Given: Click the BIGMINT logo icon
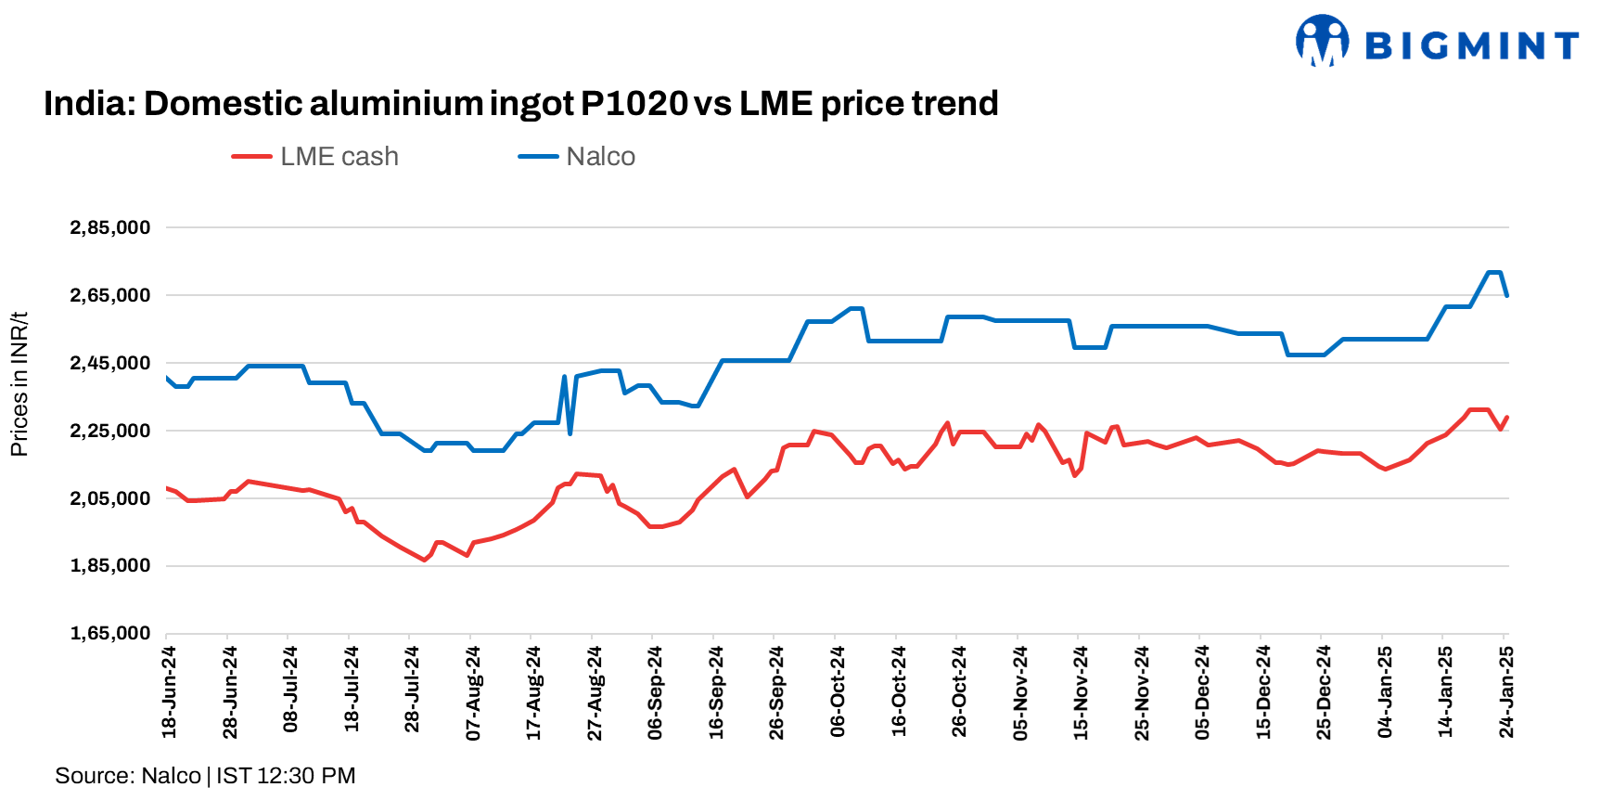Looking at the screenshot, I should point(1322,41).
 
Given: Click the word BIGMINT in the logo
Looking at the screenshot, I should point(1471,45).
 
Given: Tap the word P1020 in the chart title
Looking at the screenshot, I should point(634,103).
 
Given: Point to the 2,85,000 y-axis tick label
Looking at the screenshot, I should point(110,227).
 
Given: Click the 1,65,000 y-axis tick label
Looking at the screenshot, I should point(110,633).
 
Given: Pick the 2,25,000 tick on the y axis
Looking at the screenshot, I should point(110,431).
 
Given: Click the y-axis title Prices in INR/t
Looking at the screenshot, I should point(19,383).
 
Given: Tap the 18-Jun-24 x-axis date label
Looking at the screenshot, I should point(170,692).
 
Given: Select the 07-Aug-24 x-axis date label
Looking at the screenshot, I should point(473,692).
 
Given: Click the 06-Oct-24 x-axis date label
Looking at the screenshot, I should point(838,692).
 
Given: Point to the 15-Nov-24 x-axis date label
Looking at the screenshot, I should point(1081,692).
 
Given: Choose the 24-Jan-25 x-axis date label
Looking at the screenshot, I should point(1506,692).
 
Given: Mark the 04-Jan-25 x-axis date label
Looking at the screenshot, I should point(1385,692).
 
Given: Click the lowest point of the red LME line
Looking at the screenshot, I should point(425,560).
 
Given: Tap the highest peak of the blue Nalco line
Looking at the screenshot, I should point(1493,273).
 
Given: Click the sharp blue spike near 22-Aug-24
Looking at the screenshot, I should point(564,377).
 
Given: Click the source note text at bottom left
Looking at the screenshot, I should point(205,776).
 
